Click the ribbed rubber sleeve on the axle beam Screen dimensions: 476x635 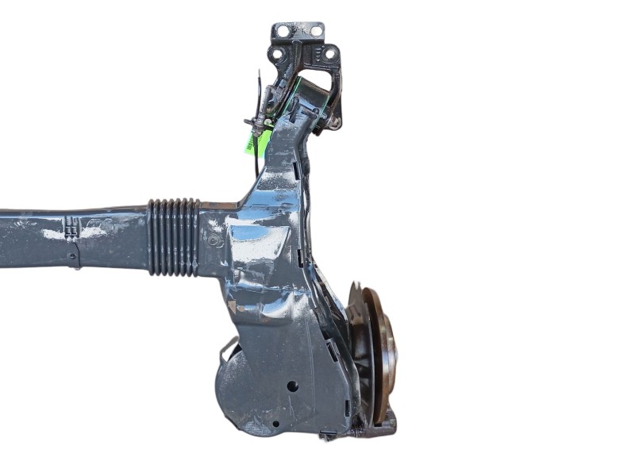(174, 236)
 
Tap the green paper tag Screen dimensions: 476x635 (260, 141)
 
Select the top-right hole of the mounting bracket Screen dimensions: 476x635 (316, 30)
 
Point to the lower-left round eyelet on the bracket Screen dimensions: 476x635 (278, 55)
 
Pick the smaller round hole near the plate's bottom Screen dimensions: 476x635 (275, 423)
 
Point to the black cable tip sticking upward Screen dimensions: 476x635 (260, 75)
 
